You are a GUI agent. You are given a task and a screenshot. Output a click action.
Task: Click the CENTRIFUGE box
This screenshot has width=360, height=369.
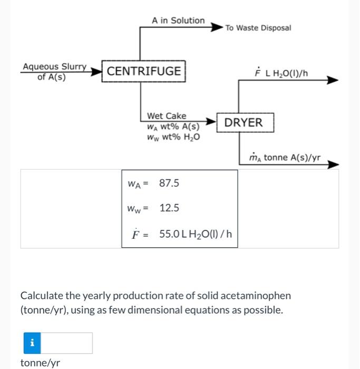click(144, 71)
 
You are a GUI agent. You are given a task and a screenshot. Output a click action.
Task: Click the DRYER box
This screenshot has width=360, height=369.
click(243, 123)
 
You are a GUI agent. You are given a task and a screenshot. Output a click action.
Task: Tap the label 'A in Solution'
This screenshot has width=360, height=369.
click(178, 20)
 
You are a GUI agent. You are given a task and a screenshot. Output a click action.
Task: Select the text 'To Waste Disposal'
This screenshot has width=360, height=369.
click(258, 28)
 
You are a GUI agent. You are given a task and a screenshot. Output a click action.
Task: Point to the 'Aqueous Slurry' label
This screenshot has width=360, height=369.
click(54, 67)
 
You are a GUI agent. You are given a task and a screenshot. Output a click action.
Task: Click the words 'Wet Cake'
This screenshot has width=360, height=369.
click(166, 115)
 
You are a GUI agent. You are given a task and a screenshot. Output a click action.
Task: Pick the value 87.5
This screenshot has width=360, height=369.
click(169, 183)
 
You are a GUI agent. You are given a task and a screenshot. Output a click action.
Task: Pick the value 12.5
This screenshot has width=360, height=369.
click(169, 208)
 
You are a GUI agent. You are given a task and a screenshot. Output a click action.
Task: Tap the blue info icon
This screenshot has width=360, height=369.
click(32, 343)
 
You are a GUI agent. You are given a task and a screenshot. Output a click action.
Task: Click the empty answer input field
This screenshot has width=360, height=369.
click(67, 343)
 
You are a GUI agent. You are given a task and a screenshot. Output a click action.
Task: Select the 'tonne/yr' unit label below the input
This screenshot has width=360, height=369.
click(40, 363)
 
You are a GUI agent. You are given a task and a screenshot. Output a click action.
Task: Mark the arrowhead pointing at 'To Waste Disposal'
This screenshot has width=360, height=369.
click(217, 26)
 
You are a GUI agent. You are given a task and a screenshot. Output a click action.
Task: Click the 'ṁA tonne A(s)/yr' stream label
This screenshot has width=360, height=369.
click(285, 157)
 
